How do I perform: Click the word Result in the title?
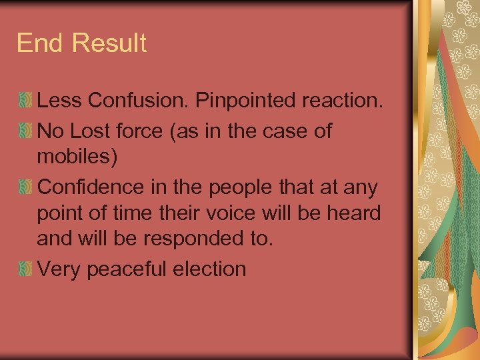pyautogui.click(x=108, y=43)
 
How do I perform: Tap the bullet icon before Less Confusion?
pyautogui.click(x=25, y=101)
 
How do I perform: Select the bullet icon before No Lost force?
pyautogui.click(x=25, y=131)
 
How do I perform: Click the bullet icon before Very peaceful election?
pyautogui.click(x=25, y=269)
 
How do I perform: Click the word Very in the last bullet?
pyautogui.click(x=56, y=269)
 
